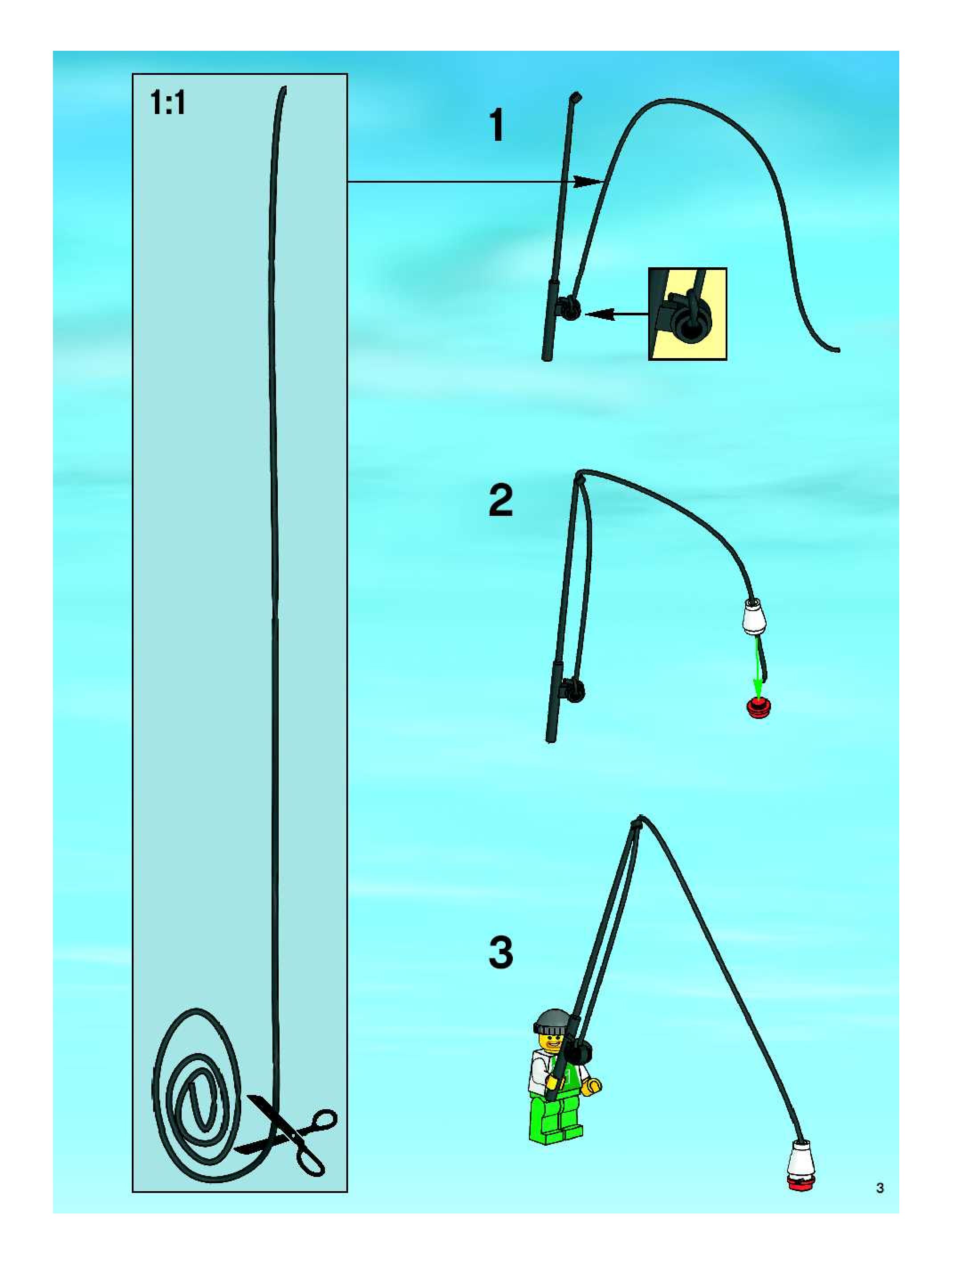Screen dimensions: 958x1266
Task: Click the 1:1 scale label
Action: coord(167,104)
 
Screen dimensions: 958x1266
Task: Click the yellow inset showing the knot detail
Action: coord(687,314)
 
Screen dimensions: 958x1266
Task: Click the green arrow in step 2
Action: coord(758,664)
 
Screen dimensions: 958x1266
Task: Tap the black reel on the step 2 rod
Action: coord(574,689)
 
